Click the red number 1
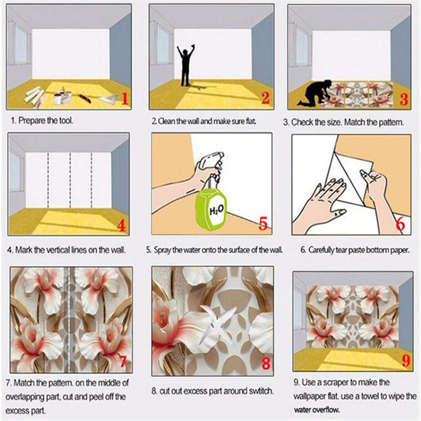125,98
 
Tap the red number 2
265,98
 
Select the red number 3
404,98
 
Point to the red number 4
122,226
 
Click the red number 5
263,223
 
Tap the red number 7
123,362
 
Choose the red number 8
265,363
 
